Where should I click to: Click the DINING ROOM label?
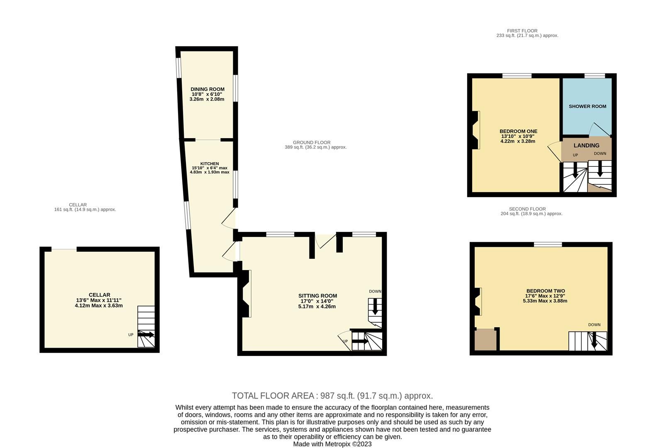[207, 89]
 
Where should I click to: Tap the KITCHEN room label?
[210, 163]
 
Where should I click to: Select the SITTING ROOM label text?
[317, 296]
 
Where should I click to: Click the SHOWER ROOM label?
[587, 106]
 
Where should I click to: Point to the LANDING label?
[586, 145]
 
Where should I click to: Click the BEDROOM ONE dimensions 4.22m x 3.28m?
[518, 141]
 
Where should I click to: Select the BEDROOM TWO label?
[545, 291]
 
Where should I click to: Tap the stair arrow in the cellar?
[146, 334]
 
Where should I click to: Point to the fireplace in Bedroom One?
[476, 130]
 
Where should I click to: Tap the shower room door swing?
[600, 130]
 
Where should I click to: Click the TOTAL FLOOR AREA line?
[332, 396]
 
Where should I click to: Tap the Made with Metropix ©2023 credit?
[332, 444]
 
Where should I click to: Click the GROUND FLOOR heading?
[312, 142]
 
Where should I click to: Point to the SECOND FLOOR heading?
[527, 209]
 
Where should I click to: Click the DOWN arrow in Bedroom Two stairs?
[594, 340]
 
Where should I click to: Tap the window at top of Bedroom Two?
[548, 244]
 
